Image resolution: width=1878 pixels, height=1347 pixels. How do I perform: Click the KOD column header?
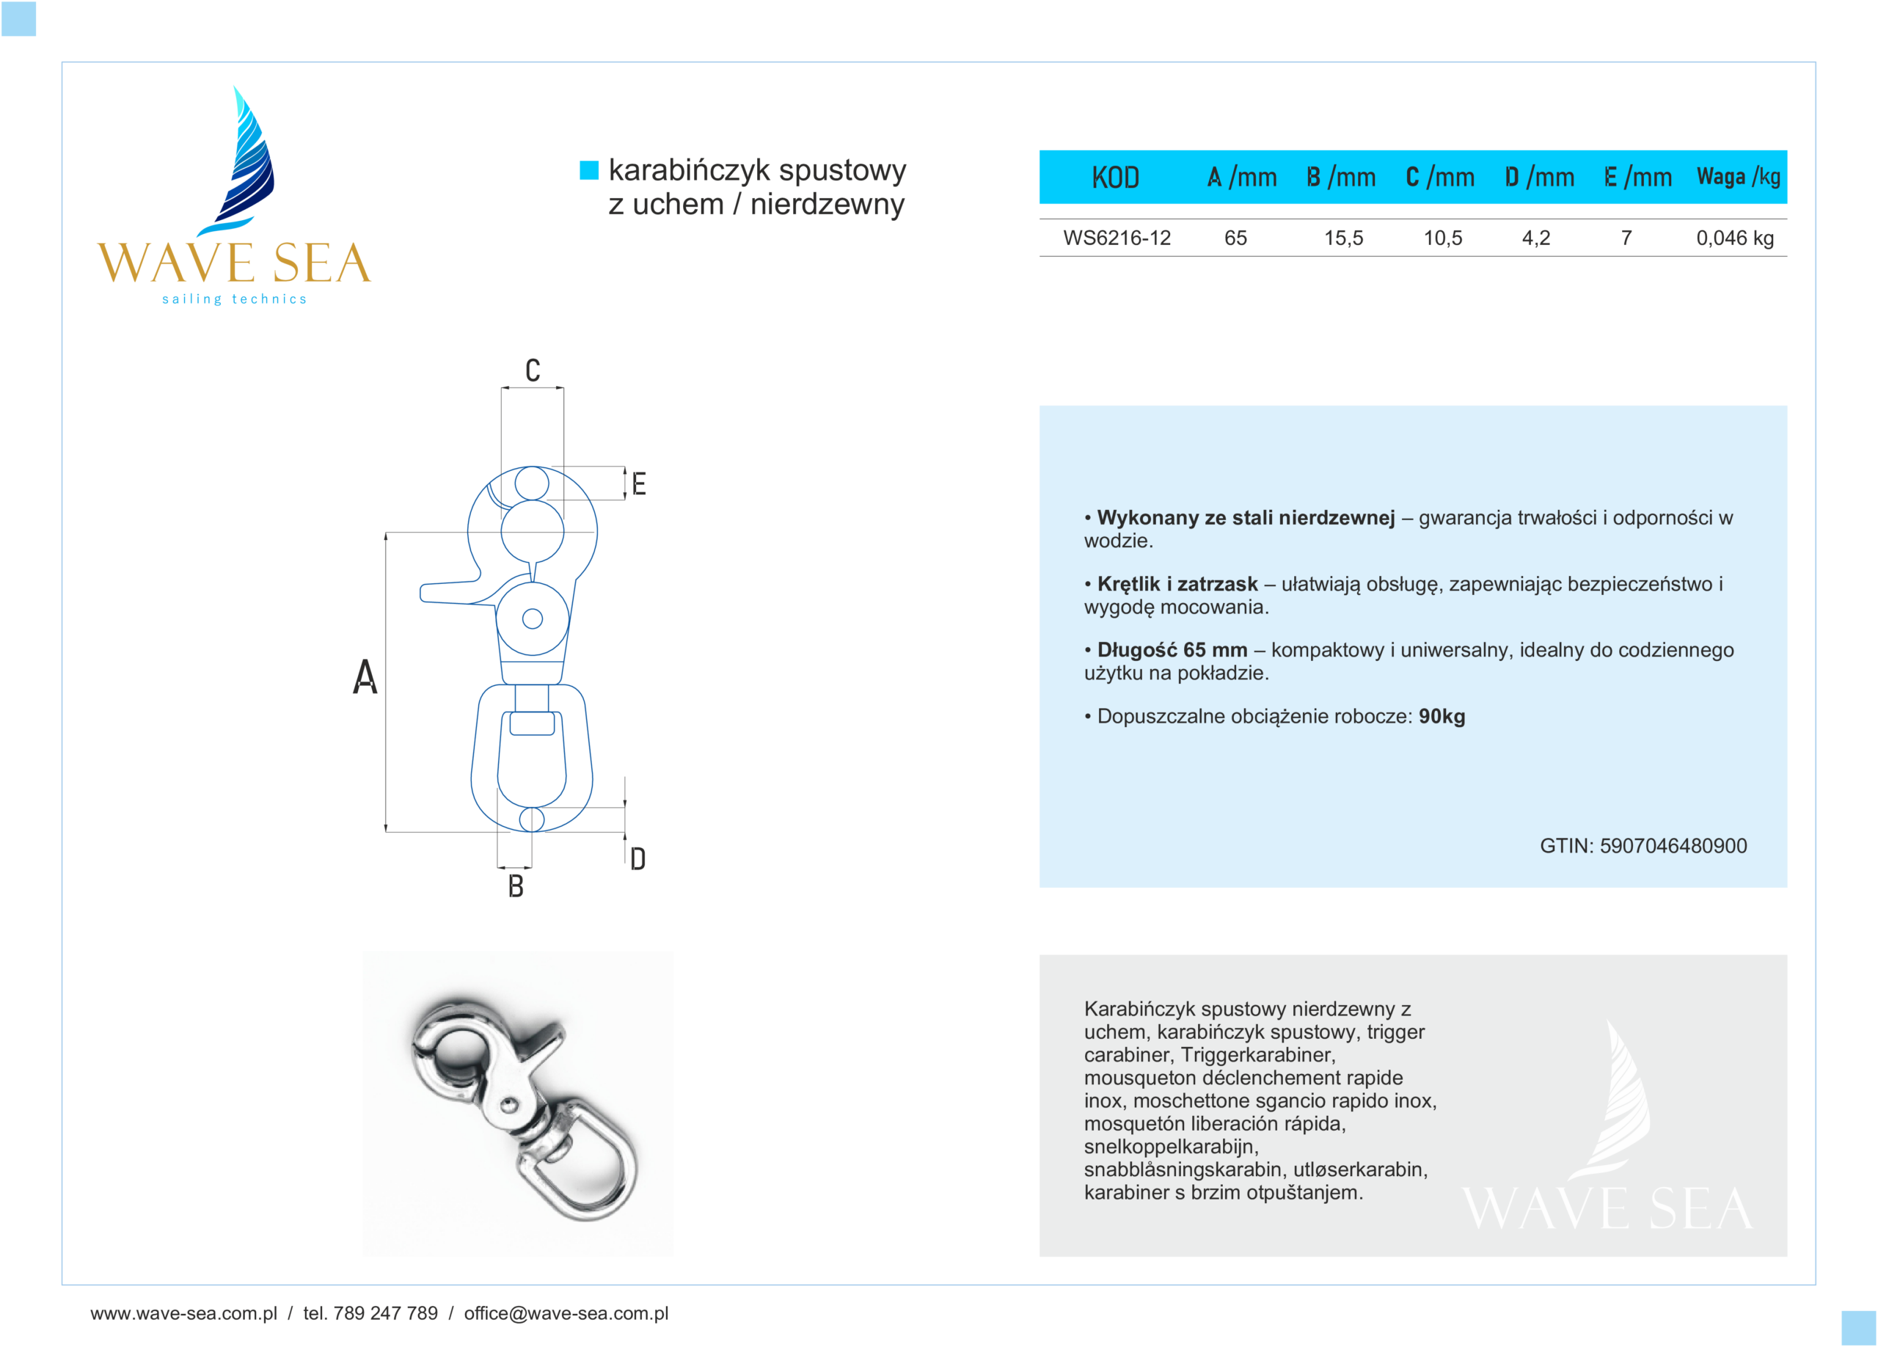coord(1114,177)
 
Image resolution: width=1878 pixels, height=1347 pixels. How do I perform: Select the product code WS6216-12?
coord(1117,238)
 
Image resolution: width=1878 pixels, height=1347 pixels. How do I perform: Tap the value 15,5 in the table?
coord(1343,238)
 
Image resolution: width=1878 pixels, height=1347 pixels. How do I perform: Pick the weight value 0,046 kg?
coord(1735,238)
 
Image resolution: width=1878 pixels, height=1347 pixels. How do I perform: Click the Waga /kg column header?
coord(1738,176)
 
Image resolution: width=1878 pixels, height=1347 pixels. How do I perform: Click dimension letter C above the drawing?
coord(533,370)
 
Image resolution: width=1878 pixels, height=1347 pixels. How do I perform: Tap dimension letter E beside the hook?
coord(638,483)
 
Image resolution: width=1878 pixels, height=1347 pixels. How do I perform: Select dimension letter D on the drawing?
coord(637,858)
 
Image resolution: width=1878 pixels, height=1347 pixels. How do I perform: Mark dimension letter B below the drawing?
coord(516,887)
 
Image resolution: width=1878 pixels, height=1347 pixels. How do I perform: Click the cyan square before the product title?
coord(589,170)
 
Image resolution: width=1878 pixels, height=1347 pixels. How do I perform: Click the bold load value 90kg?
coord(1442,716)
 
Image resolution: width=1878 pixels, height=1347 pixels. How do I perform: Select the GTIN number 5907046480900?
coord(1673,845)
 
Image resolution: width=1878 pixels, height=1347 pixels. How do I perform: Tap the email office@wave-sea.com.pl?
coord(566,1313)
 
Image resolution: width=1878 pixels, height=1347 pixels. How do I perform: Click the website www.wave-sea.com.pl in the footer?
coord(184,1313)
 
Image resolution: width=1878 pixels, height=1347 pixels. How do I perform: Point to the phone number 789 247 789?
coord(385,1313)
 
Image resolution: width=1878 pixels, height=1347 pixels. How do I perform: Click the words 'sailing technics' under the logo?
coord(234,299)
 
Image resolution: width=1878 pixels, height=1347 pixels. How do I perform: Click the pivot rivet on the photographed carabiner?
coord(509,1103)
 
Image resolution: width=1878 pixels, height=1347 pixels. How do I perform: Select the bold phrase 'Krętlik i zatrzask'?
coord(1177,584)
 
